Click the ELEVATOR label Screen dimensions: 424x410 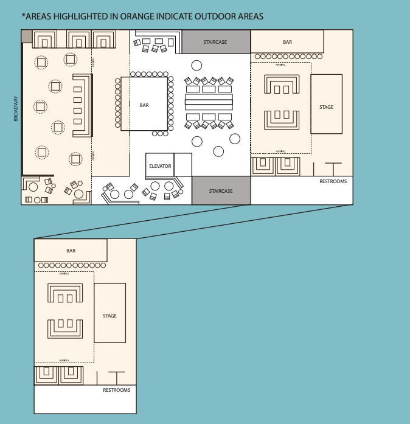[160, 166]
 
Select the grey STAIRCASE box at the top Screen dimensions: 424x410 [215, 42]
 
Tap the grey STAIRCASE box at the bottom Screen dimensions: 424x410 [221, 191]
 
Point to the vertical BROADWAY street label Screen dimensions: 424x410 [16, 109]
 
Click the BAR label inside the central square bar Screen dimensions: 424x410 [144, 105]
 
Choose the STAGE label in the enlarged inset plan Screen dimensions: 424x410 [109, 316]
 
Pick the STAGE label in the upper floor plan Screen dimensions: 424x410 [326, 107]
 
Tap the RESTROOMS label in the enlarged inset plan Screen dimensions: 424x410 [116, 390]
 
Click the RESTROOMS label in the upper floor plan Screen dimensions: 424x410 [333, 181]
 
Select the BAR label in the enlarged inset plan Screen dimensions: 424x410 [71, 251]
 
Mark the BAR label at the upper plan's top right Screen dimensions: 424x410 [287, 42]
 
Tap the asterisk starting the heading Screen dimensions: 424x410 [23, 15]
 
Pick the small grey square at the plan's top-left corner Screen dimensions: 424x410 [27, 36]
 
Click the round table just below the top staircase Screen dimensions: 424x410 [196, 65]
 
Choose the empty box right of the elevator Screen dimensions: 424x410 [182, 164]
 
